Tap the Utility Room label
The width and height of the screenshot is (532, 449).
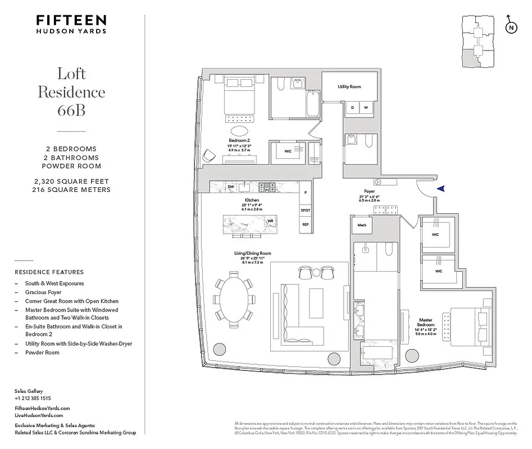[x=349, y=87]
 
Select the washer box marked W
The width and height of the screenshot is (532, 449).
[x=365, y=107]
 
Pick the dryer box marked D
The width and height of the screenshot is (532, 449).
[x=352, y=107]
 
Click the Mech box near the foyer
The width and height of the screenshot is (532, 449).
[x=362, y=226]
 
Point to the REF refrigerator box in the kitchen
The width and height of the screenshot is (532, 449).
[x=306, y=224]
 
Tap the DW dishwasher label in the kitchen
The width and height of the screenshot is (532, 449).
[x=231, y=186]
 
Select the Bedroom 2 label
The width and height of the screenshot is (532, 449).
[x=239, y=140]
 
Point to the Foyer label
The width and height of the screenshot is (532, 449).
[x=369, y=191]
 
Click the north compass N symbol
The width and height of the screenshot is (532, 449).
[x=510, y=27]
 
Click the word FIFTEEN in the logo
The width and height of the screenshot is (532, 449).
[x=71, y=20]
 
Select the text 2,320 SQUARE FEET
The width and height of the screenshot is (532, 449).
[x=71, y=181]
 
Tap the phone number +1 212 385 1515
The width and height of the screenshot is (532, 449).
[x=33, y=398]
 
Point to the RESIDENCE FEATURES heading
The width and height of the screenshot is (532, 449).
[x=49, y=272]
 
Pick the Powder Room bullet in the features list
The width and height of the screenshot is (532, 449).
[x=42, y=352]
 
